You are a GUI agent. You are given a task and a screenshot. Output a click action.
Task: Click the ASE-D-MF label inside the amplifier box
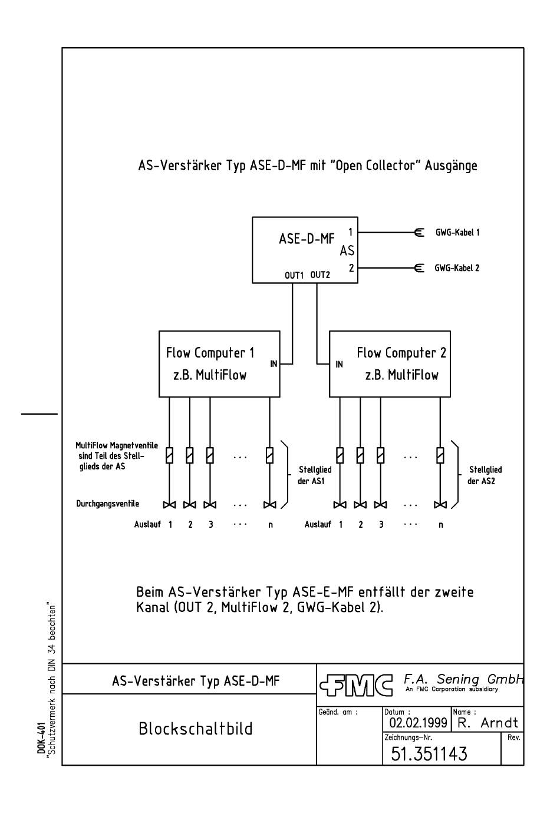point(306,240)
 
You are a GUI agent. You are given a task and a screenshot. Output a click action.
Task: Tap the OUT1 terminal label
point(294,275)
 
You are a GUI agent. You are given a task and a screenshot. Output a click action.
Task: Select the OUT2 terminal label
point(320,274)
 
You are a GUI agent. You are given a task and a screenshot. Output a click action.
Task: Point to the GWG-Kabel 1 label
point(457,233)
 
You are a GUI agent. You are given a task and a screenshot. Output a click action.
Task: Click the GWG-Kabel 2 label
point(457,268)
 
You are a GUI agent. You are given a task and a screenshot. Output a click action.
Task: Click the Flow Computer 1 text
point(210,353)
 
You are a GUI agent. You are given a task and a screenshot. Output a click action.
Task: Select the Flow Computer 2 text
point(401,353)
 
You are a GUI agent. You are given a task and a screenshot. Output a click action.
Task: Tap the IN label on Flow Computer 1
point(274,364)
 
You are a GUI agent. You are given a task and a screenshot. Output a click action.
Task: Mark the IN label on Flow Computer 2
point(339,365)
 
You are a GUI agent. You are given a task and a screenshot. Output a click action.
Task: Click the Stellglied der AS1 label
point(315,475)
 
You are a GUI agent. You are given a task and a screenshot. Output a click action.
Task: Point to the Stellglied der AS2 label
point(485,475)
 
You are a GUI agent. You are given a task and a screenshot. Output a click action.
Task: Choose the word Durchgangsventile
point(107,504)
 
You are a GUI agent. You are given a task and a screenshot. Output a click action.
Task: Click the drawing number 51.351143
point(429,754)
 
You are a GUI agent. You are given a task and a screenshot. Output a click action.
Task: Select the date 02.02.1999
point(418,723)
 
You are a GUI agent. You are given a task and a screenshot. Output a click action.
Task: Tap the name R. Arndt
point(487,723)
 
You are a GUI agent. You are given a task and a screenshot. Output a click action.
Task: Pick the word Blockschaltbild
point(195,729)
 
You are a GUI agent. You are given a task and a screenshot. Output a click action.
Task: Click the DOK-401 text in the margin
point(42,739)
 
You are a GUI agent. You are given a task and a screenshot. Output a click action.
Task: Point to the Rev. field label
point(513,737)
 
